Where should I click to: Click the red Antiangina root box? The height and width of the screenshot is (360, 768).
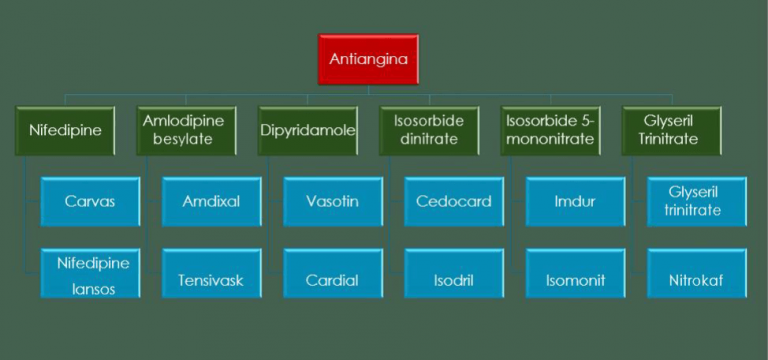point(367,60)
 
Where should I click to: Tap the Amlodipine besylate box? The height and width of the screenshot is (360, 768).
point(187,130)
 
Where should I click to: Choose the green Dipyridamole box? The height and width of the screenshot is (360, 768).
point(308,130)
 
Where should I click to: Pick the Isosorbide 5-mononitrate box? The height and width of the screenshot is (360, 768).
point(551,130)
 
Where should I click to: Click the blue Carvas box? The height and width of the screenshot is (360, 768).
point(90,202)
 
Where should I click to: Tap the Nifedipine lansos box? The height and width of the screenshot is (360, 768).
point(90,272)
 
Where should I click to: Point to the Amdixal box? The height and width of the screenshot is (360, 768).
point(212,202)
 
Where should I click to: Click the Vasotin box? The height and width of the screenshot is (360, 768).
point(333,202)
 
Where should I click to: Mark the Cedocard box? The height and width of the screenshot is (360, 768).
point(454,202)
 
